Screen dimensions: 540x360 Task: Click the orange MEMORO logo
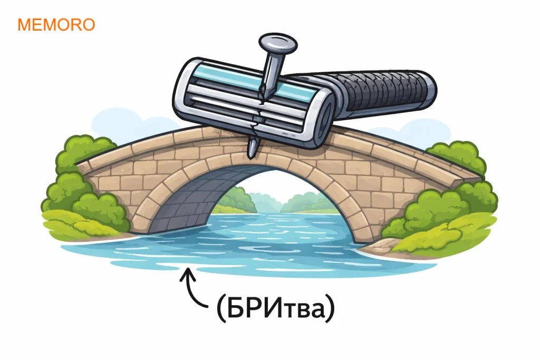pyautogui.click(x=56, y=25)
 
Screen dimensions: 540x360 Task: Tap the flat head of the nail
pyautogui.click(x=278, y=44)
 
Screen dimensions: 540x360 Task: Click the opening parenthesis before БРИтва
pyautogui.click(x=221, y=307)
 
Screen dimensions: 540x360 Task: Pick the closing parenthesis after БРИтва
pyautogui.click(x=330, y=307)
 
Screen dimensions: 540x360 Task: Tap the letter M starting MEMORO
pyautogui.click(x=24, y=25)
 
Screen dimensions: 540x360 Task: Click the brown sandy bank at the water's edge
pyautogui.click(x=379, y=245)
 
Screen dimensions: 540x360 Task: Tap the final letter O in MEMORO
pyautogui.click(x=88, y=25)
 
